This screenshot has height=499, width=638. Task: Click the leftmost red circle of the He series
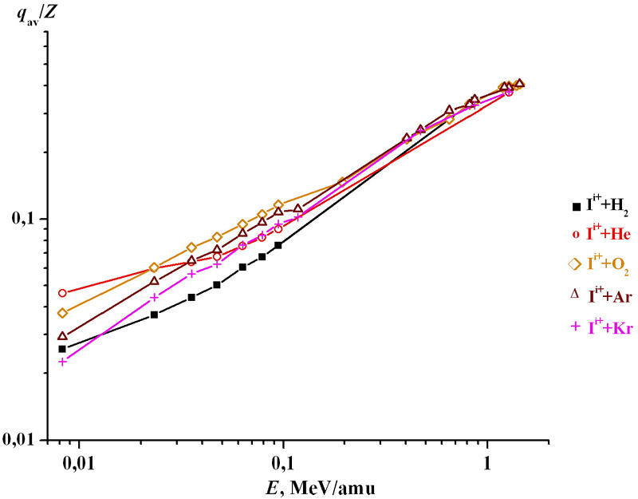pyautogui.click(x=62, y=293)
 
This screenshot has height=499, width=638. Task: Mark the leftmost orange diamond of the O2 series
pyautogui.click(x=62, y=313)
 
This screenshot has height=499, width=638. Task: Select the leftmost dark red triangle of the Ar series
pyautogui.click(x=62, y=336)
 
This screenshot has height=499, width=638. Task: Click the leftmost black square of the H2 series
pyautogui.click(x=62, y=349)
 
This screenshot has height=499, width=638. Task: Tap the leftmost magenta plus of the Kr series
pyautogui.click(x=62, y=361)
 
